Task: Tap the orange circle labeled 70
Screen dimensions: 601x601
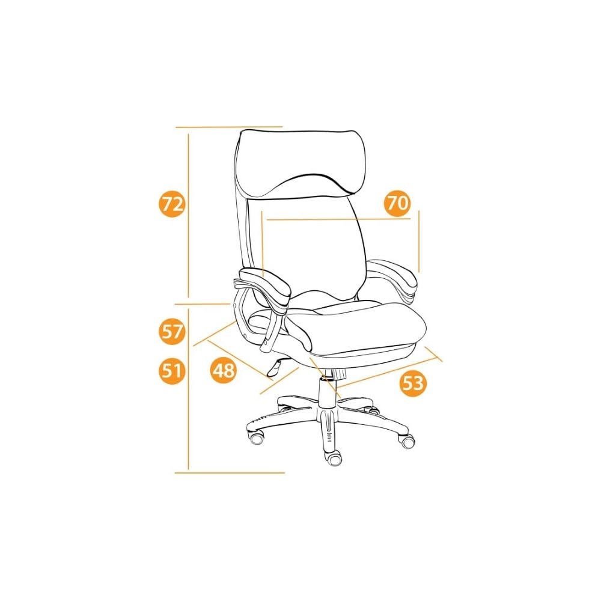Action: pos(397,203)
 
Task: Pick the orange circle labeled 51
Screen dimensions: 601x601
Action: pos(172,371)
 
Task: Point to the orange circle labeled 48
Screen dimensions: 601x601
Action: pos(224,370)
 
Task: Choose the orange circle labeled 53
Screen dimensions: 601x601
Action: pos(413,383)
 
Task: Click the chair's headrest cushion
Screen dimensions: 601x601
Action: pos(299,163)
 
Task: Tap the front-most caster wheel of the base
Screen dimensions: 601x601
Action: pos(334,459)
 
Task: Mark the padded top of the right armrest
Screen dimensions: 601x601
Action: pos(393,273)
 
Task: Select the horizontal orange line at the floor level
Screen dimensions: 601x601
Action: pos(230,473)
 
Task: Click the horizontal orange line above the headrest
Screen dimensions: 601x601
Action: pos(229,126)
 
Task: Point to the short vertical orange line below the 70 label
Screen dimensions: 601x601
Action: pos(419,241)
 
